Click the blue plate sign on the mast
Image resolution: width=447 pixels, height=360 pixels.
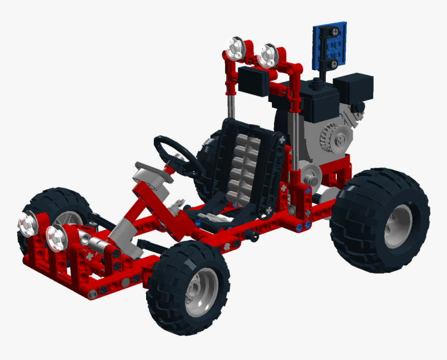click(330, 46)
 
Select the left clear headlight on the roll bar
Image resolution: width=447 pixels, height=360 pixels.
click(236, 50)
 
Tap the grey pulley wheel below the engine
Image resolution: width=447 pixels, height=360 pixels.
click(310, 179)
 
